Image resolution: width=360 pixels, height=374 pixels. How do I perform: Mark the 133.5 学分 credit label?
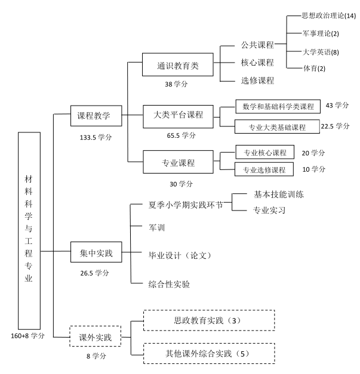click(96, 137)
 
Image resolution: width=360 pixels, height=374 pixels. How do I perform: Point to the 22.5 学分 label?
click(335, 126)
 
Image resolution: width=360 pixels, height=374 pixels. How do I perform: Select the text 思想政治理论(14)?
click(329, 16)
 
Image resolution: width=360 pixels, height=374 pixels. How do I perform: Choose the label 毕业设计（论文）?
click(180, 255)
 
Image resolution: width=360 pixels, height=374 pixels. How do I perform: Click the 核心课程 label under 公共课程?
click(257, 62)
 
